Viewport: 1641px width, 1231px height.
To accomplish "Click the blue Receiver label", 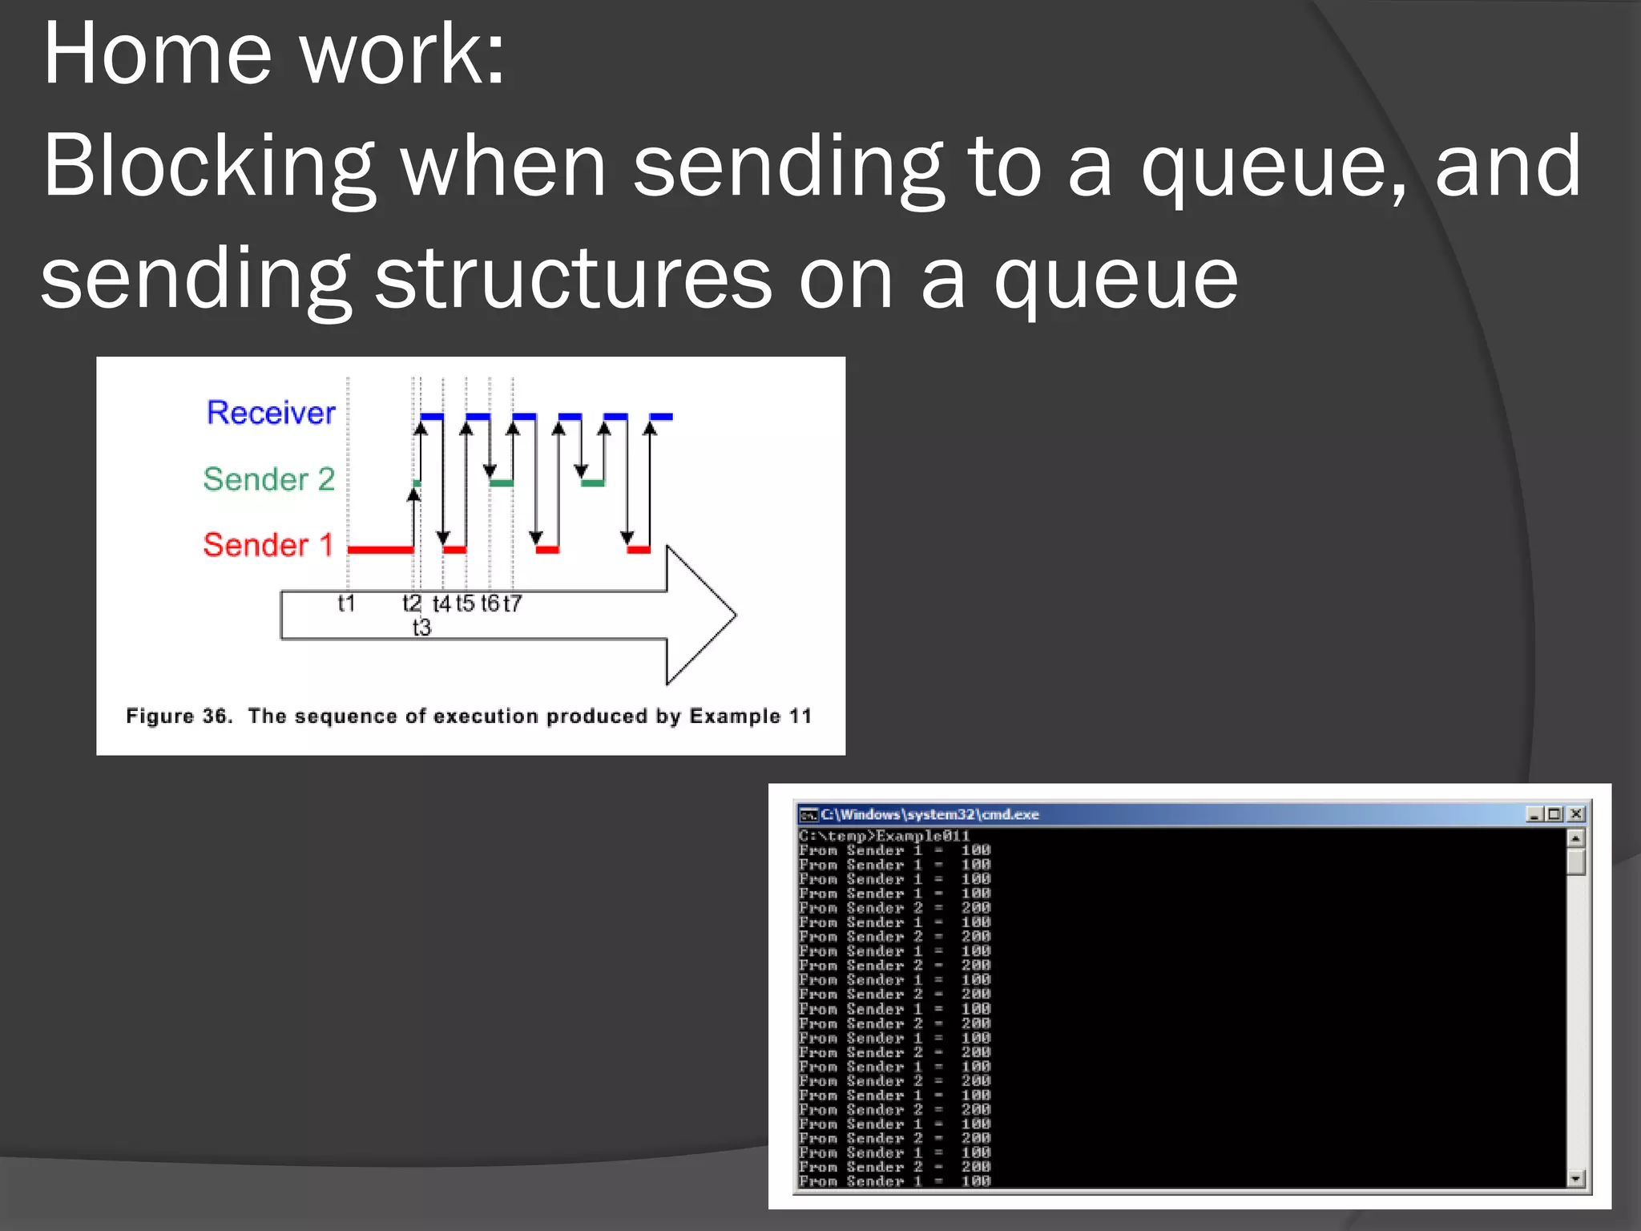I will [x=271, y=413].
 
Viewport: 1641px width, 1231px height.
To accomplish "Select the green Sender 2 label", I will [x=268, y=479].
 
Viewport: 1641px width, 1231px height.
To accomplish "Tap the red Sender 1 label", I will [x=268, y=545].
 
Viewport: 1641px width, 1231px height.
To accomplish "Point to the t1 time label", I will [x=346, y=603].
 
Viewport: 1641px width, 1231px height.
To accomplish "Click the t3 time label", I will [x=421, y=628].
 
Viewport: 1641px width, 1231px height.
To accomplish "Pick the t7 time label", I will [x=512, y=603].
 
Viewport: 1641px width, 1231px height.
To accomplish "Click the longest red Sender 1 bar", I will [x=381, y=550].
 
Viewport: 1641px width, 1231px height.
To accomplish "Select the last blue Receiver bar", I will [x=661, y=417].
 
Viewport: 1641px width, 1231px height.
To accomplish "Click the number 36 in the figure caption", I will [x=216, y=716].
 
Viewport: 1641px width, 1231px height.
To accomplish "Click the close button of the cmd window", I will [x=1575, y=814].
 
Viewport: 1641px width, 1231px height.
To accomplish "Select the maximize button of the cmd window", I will [x=1554, y=814].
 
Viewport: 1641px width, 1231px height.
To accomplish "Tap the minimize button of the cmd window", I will [x=1534, y=814].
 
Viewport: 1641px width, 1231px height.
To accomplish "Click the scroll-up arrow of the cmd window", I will [x=1575, y=838].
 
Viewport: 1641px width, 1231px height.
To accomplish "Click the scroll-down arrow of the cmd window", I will [x=1575, y=1178].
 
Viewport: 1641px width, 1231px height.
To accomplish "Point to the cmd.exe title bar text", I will [x=929, y=814].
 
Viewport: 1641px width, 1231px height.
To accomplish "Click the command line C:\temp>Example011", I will [x=884, y=836].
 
